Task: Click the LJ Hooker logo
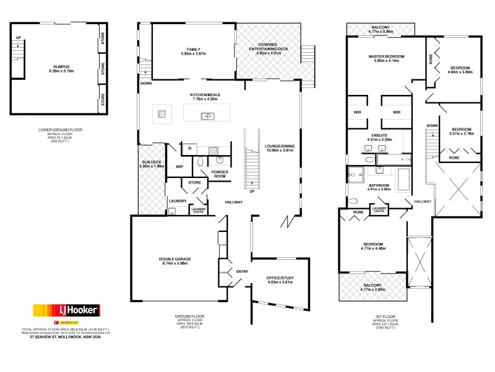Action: tap(64, 309)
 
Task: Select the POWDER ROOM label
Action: tap(220, 175)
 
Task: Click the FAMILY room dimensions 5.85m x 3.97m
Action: tap(193, 54)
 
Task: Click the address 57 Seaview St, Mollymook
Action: tap(61, 337)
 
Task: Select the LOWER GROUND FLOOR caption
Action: tap(60, 130)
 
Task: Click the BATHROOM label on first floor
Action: tap(378, 186)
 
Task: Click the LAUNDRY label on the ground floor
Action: tap(178, 201)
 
